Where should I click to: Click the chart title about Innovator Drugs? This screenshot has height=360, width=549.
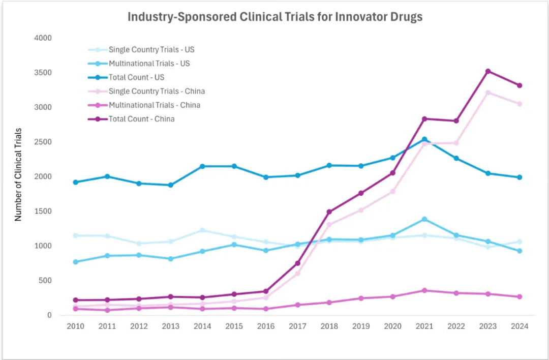pyautogui.click(x=274, y=17)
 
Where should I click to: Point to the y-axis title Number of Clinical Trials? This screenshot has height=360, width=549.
pyautogui.click(x=18, y=174)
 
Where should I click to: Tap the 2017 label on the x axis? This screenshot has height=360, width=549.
pyautogui.click(x=297, y=326)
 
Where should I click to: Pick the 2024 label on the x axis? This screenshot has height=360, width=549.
pyautogui.click(x=520, y=326)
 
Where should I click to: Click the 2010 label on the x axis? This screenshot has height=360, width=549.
pyautogui.click(x=75, y=326)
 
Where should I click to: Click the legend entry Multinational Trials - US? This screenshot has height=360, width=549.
pyautogui.click(x=149, y=64)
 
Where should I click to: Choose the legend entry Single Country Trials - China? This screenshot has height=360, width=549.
pyautogui.click(x=157, y=92)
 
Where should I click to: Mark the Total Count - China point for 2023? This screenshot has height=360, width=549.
pyautogui.click(x=487, y=71)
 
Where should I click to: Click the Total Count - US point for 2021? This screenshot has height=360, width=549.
pyautogui.click(x=424, y=139)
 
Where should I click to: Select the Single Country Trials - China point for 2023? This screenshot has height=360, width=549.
pyautogui.click(x=487, y=93)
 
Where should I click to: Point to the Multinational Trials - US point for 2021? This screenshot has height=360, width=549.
pyautogui.click(x=424, y=219)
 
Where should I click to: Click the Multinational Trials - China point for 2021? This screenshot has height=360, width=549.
pyautogui.click(x=424, y=290)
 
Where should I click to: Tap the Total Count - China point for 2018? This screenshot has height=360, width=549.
pyautogui.click(x=329, y=212)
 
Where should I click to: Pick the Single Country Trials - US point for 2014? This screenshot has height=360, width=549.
pyautogui.click(x=202, y=230)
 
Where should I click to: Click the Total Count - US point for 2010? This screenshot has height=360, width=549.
pyautogui.click(x=75, y=182)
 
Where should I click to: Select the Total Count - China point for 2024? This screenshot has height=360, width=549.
pyautogui.click(x=520, y=85)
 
